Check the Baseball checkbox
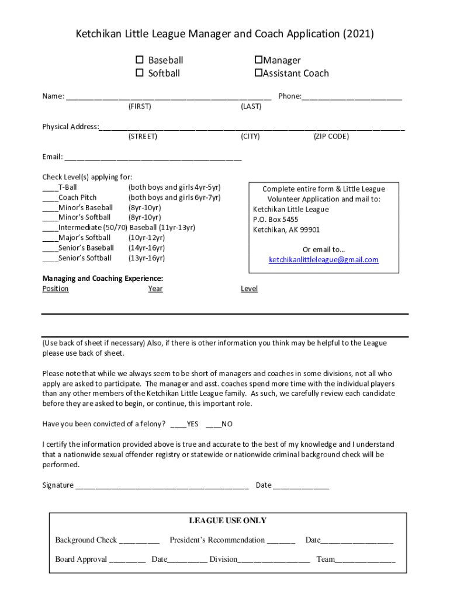pos(140,60)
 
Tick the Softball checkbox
pos(140,73)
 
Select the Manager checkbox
pos(258,60)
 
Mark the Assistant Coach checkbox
pos(258,73)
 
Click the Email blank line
pos(153,157)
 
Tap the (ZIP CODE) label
pos(331,137)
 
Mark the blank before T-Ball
pos(50,188)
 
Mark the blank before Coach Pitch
pos(50,198)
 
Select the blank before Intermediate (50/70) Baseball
pos(50,228)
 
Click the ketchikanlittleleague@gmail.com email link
pos(323,260)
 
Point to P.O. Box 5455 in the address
pos(275,220)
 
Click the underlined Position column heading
pos(56,289)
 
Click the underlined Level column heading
pos(249,289)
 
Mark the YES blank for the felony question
pos(178,425)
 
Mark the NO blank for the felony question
pos(213,425)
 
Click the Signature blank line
pos(162,485)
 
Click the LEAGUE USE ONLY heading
pos(227,521)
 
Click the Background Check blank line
pos(139,541)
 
